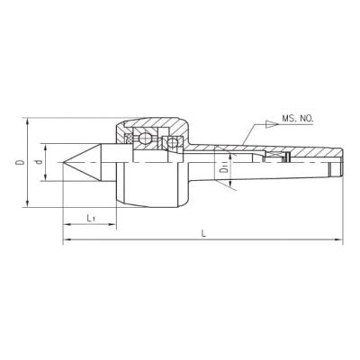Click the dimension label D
pos(21,162)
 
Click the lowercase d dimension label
pos(38,162)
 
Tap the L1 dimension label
pos(91,218)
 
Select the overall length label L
pos(203,233)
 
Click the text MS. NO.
pos(298,118)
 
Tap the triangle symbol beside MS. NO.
pos(271,124)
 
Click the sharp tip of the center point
pos(64,163)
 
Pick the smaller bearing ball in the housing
pos(172,143)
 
